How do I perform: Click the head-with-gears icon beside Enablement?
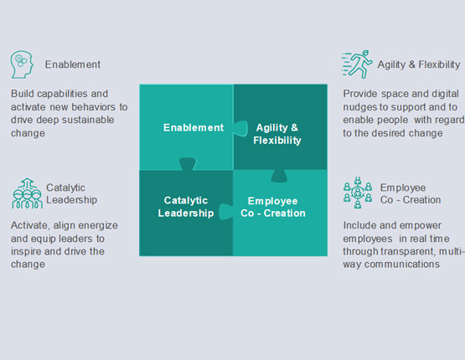[x=22, y=64]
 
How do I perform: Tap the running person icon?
[x=357, y=64]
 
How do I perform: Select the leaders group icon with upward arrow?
[x=27, y=193]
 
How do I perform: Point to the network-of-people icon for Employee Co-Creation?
[x=358, y=193]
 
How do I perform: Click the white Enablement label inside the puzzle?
[x=194, y=127]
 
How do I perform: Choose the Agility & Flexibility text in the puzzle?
[x=277, y=134]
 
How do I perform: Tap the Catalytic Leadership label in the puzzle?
[x=186, y=207]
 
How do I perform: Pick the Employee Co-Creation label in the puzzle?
[x=273, y=207]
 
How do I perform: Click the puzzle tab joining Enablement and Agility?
[x=240, y=128]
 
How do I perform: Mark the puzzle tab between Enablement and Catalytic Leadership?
[x=188, y=164]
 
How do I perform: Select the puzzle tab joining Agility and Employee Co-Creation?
[x=279, y=176]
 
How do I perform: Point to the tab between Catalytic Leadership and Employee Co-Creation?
[x=226, y=212]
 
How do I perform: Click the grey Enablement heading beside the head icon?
[x=73, y=64]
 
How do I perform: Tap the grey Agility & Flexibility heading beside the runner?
[x=419, y=64]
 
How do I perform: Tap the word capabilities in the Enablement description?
[x=62, y=94]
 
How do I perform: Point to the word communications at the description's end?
[x=402, y=264]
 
